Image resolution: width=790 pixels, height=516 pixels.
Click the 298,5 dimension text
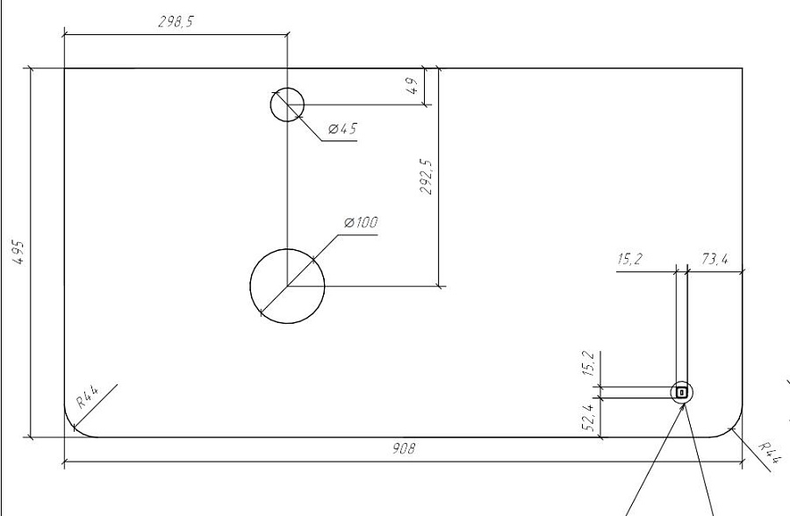tap(176, 22)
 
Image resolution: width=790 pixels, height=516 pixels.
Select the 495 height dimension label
tap(18, 253)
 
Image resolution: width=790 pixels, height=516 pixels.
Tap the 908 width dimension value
tap(404, 448)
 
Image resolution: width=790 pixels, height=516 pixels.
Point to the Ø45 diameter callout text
tap(342, 129)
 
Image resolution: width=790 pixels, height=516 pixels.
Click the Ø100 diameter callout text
tap(361, 222)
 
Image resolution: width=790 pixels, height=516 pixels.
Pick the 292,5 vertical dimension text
tap(426, 177)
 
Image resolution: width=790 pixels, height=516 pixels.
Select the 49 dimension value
tap(413, 86)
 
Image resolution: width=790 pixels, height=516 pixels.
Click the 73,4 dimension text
tap(715, 260)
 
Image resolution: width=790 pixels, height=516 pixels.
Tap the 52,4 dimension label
tap(588, 418)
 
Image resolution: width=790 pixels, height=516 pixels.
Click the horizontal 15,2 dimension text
tap(630, 260)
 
